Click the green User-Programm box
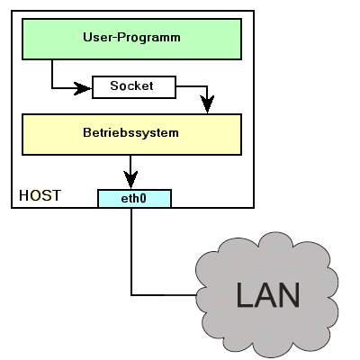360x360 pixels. (131, 40)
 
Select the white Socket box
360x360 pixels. (134, 87)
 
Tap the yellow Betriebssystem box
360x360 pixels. (131, 134)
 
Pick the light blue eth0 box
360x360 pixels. (134, 198)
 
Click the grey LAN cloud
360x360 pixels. (267, 294)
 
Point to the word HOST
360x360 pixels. (40, 195)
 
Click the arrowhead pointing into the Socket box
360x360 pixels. (83, 88)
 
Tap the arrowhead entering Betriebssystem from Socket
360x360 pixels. (207, 104)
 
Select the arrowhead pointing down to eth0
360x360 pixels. (130, 180)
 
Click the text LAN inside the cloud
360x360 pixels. (268, 295)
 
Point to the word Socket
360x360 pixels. (131, 85)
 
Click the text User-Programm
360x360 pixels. (131, 37)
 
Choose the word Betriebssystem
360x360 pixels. (130, 132)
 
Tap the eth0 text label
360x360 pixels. (133, 198)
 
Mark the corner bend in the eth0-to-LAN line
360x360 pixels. (131, 295)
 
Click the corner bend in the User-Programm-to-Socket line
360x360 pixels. (52, 88)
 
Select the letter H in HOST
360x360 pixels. (24, 195)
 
